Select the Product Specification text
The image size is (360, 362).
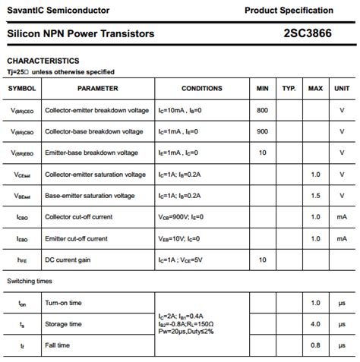point(289,11)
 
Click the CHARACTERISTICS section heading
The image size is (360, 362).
point(43,61)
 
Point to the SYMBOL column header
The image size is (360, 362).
point(21,89)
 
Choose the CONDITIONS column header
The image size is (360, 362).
point(202,89)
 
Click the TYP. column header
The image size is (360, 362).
point(289,89)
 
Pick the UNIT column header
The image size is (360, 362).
point(342,89)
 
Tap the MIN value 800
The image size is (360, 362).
point(263,110)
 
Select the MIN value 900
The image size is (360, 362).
point(263,131)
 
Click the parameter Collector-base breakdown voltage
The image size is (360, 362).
point(93,131)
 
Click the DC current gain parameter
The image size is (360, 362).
point(68,260)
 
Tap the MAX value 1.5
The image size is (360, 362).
point(315,196)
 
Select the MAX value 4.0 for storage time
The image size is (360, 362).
point(315,324)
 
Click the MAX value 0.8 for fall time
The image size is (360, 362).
point(315,345)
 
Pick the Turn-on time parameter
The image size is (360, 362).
point(63,303)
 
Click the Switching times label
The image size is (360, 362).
point(30,281)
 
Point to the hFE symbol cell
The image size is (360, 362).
point(21,260)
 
